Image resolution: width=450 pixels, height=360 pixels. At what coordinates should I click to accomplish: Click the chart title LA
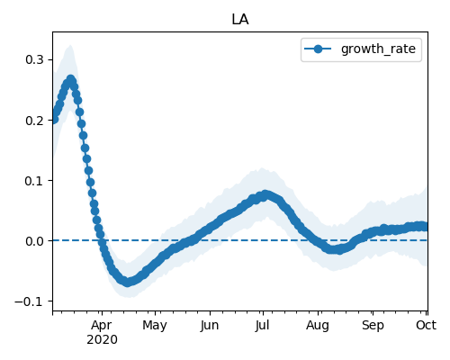tap(240, 20)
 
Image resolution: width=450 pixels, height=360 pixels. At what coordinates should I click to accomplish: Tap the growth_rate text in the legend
tap(378, 49)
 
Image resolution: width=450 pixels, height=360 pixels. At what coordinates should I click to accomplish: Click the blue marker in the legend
tap(318, 49)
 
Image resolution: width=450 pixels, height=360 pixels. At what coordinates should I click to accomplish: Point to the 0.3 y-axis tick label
tap(34, 59)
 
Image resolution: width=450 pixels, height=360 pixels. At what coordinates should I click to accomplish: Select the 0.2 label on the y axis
tap(34, 121)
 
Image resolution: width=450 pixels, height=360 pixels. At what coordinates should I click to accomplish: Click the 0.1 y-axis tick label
tap(34, 181)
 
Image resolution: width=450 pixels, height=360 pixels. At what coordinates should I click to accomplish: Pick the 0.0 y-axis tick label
tap(34, 241)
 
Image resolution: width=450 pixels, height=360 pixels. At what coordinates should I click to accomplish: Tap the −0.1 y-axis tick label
tap(30, 301)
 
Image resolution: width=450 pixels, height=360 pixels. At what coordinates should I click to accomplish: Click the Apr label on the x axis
tap(102, 326)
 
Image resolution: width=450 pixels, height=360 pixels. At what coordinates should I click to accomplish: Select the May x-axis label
tap(155, 326)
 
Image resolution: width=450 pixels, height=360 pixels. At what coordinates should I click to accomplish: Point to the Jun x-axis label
tap(210, 325)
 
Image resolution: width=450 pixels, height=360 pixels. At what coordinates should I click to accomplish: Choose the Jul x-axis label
tap(263, 325)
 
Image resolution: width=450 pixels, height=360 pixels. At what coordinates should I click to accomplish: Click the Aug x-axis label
tap(318, 326)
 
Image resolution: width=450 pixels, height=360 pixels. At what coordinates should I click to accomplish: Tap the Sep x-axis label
tap(373, 326)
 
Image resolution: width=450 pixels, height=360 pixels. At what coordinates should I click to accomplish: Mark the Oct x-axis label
tap(426, 325)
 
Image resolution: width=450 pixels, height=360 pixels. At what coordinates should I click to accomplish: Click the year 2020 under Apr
tap(102, 340)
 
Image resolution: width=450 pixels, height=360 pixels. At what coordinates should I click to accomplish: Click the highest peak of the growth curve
tap(70, 80)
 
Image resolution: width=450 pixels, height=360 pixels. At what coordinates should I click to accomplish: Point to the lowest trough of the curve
tap(128, 282)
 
